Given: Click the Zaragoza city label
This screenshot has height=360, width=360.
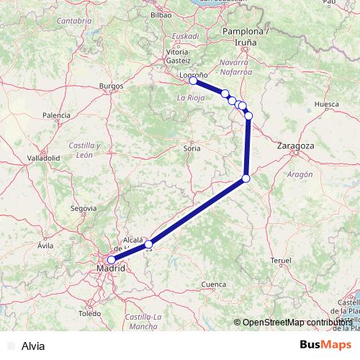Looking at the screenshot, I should pos(295,145).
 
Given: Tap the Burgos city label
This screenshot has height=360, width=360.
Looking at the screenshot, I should pos(112,86).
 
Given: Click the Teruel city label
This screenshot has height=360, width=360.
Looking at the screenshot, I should pos(280,259).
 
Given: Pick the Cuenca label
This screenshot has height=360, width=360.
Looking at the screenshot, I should pos(214,285).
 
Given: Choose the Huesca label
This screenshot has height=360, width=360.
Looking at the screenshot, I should pos(327,104).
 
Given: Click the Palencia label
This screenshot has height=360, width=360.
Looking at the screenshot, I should pos(56,115).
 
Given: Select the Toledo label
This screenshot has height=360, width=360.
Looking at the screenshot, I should pos(90,314).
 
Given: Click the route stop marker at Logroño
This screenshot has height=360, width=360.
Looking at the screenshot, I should pos(193,81).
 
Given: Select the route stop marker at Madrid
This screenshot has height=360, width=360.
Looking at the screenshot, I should pos(111,260).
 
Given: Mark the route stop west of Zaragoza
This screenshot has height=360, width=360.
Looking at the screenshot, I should pos(246,178).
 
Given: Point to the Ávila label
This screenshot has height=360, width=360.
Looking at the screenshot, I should pos(46,246).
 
